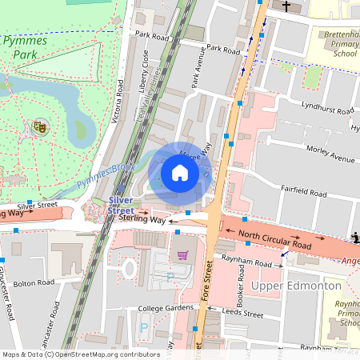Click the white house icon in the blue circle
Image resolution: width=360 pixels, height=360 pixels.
pos(180,173)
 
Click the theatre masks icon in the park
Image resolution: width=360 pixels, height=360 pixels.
pos(38,126)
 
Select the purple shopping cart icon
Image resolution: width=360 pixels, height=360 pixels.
pos(182,255)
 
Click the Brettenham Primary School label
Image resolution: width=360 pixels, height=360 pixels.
pos(340,45)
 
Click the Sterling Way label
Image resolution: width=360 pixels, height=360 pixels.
pos(141,218)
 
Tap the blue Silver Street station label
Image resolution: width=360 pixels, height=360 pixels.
pos(120,205)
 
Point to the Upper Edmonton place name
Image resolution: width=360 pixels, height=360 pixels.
pos(297,286)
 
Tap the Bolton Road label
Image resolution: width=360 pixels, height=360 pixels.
pos(34,282)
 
